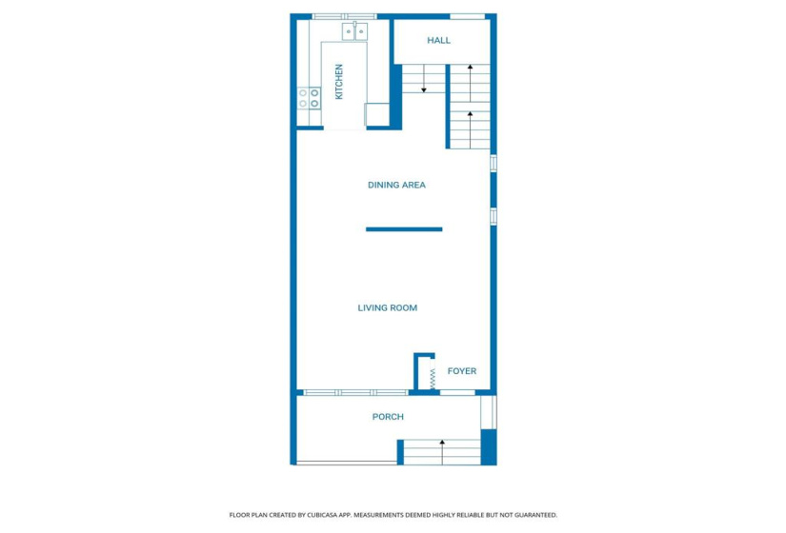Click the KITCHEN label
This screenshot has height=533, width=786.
coord(338,82)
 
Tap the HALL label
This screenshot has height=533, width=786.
coord(438,40)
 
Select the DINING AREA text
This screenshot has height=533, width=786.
coord(396,185)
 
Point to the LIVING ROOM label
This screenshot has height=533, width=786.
coord(387,307)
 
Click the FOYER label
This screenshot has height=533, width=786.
coord(461,371)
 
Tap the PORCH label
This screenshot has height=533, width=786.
coord(387,417)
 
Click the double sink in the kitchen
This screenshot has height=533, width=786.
coord(354,31)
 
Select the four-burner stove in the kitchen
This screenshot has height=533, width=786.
coord(310,98)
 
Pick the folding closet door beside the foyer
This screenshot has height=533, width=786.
coord(432,378)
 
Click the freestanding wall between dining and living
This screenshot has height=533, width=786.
coord(404,228)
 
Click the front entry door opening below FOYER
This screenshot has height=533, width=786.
coord(458,392)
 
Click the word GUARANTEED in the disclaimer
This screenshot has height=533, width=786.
coord(535,514)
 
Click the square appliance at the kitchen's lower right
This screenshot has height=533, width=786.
coord(378,114)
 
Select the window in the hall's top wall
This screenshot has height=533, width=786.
coord(467,16)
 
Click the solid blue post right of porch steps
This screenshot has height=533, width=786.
coord(488,446)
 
